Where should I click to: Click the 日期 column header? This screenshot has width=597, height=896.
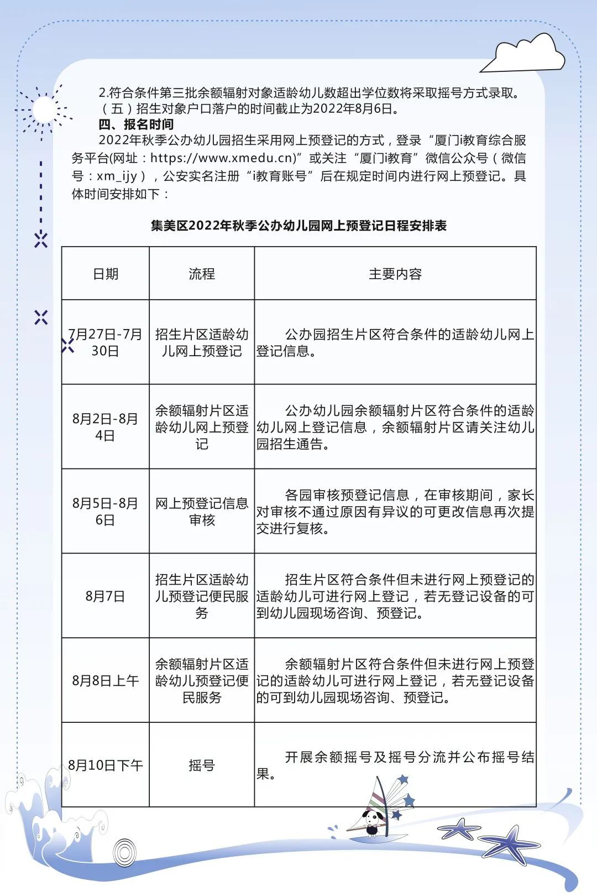pyautogui.click(x=105, y=274)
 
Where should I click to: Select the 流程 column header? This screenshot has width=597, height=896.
pyautogui.click(x=202, y=274)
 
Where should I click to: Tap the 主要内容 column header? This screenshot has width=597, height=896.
pyautogui.click(x=395, y=274)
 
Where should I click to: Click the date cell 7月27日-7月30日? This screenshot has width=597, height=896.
pyautogui.click(x=105, y=342)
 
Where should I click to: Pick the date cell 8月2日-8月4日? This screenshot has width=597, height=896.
pyautogui.click(x=105, y=426)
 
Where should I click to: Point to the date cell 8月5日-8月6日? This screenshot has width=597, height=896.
pyautogui.click(x=105, y=511)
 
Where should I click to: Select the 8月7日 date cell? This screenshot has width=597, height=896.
pyautogui.click(x=105, y=596)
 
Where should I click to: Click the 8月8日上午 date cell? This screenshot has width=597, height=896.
pyautogui.click(x=105, y=680)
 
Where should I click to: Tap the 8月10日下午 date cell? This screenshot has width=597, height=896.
pyautogui.click(x=105, y=765)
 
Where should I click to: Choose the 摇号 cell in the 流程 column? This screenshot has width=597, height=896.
pyautogui.click(x=202, y=765)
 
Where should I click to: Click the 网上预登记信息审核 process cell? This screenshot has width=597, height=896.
pyautogui.click(x=202, y=511)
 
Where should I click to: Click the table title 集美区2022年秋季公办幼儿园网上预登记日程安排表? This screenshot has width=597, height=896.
pyautogui.click(x=298, y=226)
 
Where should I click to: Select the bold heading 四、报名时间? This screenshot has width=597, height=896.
pyautogui.click(x=136, y=124)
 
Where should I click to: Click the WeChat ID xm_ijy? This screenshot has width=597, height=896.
pyautogui.click(x=117, y=176)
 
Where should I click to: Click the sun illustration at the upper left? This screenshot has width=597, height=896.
pyautogui.click(x=43, y=110)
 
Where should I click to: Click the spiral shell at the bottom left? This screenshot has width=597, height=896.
pyautogui.click(x=124, y=852)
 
